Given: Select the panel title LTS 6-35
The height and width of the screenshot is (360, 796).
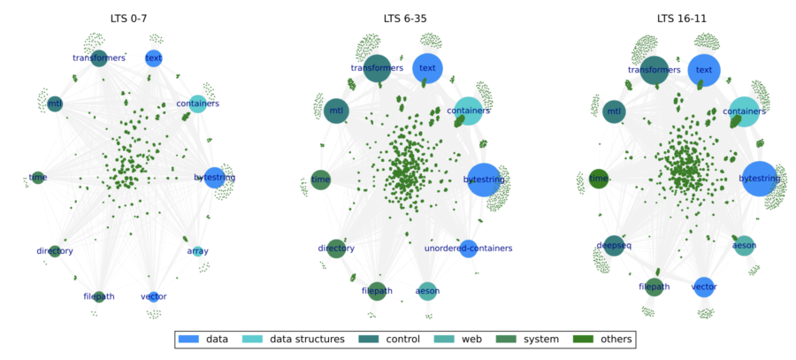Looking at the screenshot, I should point(408,18).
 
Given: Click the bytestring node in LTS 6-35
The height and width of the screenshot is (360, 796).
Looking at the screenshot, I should point(484,180).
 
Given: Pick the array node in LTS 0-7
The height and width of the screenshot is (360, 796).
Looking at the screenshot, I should point(197,251).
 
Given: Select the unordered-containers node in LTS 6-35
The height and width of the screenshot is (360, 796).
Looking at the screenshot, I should point(468,249).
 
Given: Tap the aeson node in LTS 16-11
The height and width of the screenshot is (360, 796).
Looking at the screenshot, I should point(744,245).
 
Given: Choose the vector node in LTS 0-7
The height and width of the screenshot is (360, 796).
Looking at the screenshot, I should point(154,296).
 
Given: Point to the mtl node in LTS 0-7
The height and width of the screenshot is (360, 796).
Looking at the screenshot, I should point(55,104).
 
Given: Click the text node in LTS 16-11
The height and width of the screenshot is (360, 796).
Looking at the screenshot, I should point(704,69).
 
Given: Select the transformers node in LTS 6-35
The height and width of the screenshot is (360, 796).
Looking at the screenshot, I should point(377,67).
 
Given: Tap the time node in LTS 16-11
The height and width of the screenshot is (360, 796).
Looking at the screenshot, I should point(599,179).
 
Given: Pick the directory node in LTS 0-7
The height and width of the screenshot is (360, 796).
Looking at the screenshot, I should point(55,251).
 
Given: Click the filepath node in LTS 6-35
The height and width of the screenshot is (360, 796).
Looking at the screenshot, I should point(377,290).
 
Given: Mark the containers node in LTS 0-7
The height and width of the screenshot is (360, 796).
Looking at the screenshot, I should point(198,103).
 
